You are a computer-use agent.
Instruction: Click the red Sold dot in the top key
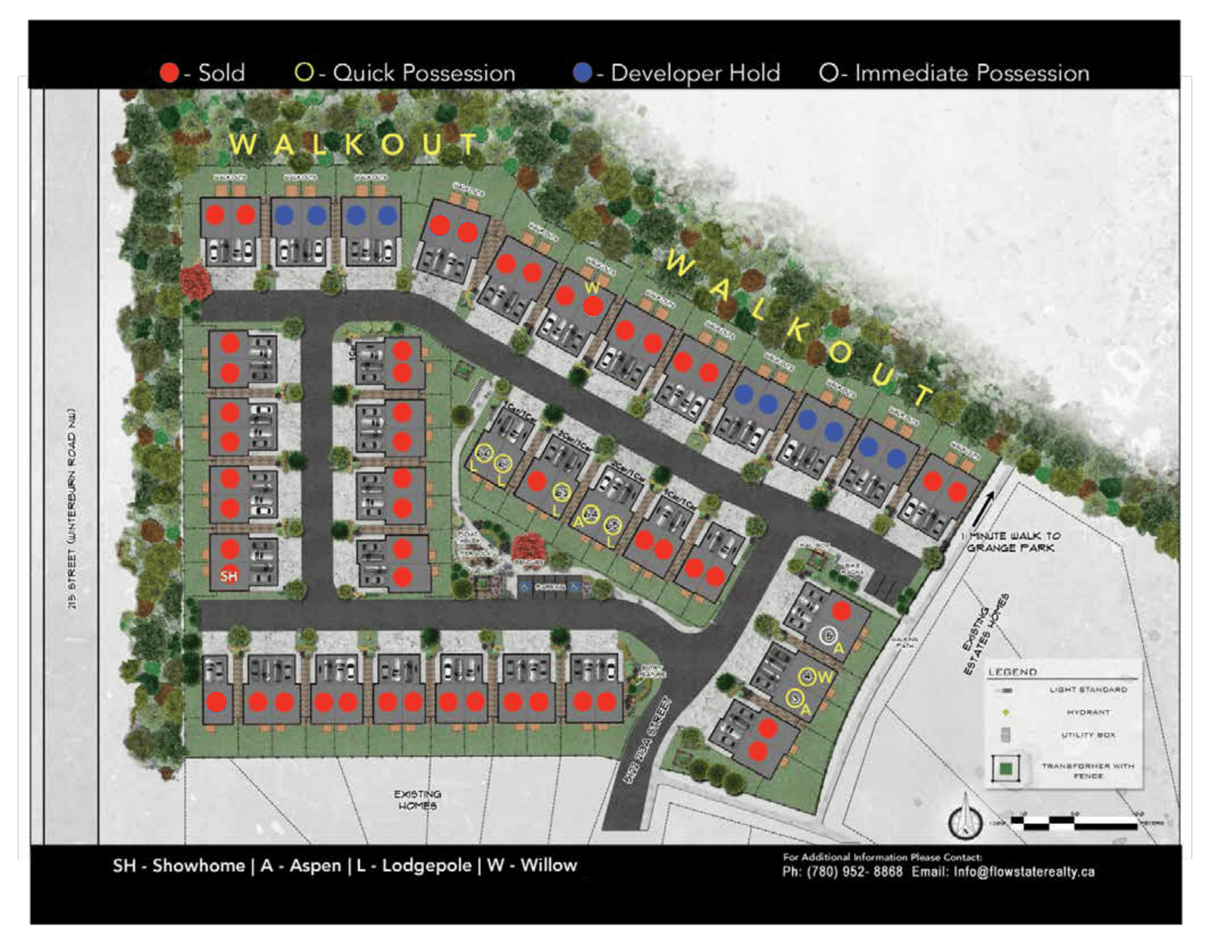pos(169,73)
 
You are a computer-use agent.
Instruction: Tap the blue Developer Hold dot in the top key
pos(582,73)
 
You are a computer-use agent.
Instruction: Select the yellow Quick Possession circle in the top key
pos(304,72)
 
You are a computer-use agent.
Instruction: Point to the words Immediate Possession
pos(972,73)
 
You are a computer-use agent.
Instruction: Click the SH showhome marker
pos(229,576)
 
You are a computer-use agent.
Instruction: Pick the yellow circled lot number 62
pos(561,493)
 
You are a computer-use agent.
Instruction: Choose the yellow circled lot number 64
pos(591,514)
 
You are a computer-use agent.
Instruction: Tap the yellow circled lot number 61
pos(503,464)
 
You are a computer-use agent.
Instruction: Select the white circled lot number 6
pos(829,636)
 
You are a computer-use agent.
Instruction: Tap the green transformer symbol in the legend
pos(1005,769)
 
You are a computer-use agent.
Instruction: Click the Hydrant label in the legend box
pos(1087,712)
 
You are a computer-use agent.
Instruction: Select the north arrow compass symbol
pos(965,819)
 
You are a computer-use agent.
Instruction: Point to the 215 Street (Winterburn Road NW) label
pos(72,508)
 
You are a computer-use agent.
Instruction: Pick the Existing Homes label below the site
pos(418,799)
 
